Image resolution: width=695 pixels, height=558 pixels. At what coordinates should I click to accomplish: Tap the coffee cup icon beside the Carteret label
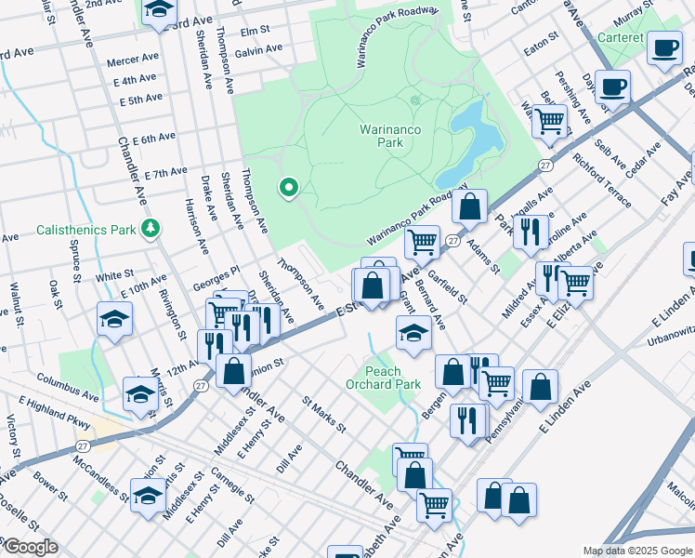[664, 48]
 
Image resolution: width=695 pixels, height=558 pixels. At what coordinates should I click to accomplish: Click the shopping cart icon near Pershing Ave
[551, 121]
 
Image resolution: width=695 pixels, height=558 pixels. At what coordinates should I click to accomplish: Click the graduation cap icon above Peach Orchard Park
[413, 333]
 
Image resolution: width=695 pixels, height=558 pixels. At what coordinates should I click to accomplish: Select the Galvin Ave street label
[257, 52]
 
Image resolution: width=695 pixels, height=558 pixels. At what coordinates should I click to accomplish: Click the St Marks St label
[324, 416]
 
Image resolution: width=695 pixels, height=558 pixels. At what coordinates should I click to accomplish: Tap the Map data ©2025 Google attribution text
[636, 551]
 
